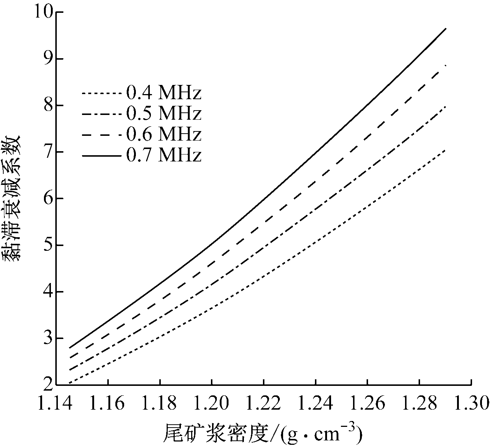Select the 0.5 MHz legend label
point(164,114)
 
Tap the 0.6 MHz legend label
point(164,135)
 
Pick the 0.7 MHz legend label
point(164,156)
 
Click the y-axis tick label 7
point(48,152)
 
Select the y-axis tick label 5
point(48,245)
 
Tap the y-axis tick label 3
point(48,338)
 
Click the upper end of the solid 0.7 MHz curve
point(446,28)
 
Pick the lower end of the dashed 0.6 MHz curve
point(69,358)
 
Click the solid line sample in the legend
point(101,156)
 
